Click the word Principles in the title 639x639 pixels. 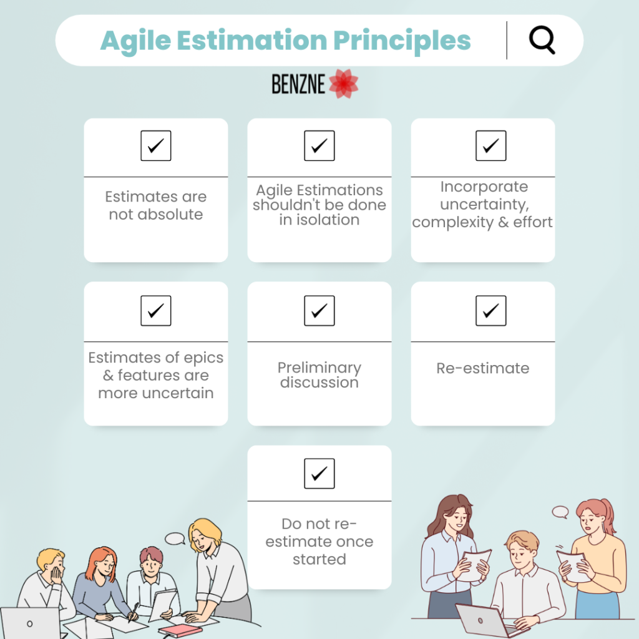(x=402, y=41)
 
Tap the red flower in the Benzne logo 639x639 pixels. (x=344, y=84)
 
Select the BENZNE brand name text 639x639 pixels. (x=298, y=84)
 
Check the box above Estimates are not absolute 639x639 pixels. (x=155, y=145)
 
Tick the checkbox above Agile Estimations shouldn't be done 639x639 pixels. (x=319, y=145)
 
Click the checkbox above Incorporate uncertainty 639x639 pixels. (x=490, y=145)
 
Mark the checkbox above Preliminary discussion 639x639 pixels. (x=319, y=311)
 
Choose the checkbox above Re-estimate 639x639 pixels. (x=490, y=311)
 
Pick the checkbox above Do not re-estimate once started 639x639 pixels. (x=319, y=473)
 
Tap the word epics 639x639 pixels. (x=203, y=358)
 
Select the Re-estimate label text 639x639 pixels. (x=482, y=368)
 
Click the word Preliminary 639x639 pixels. (x=319, y=368)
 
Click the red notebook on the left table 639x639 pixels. (x=179, y=631)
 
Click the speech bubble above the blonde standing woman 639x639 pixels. (x=175, y=539)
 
